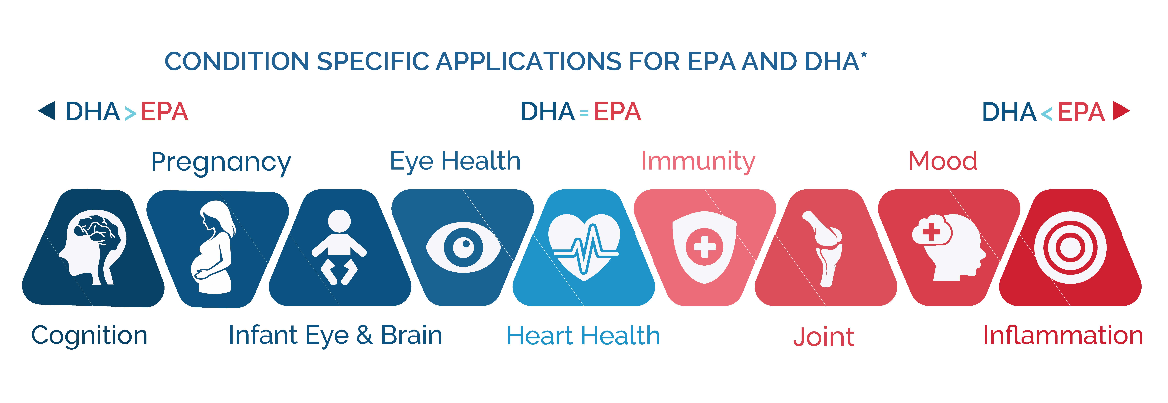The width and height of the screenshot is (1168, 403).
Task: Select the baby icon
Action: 339,247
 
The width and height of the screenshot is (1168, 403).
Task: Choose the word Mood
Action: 943,161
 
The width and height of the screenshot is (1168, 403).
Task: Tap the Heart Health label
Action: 583,336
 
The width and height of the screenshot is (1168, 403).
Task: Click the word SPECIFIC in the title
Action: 373,62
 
